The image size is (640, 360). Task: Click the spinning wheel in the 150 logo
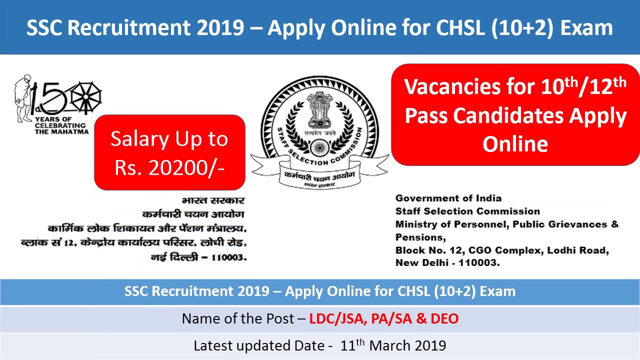click(85, 97)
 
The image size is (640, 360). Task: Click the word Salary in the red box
click(137, 139)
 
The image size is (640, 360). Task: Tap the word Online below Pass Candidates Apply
click(515, 144)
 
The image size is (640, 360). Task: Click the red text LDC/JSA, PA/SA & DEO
click(383, 318)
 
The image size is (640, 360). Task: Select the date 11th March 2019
click(393, 345)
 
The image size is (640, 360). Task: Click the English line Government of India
click(448, 198)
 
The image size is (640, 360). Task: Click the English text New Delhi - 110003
click(447, 262)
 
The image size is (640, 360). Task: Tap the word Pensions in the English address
click(419, 237)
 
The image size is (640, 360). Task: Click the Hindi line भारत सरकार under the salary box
click(213, 200)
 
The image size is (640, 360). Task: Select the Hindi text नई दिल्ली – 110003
click(198, 257)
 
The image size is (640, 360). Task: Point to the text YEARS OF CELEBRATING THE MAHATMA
click(61, 125)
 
